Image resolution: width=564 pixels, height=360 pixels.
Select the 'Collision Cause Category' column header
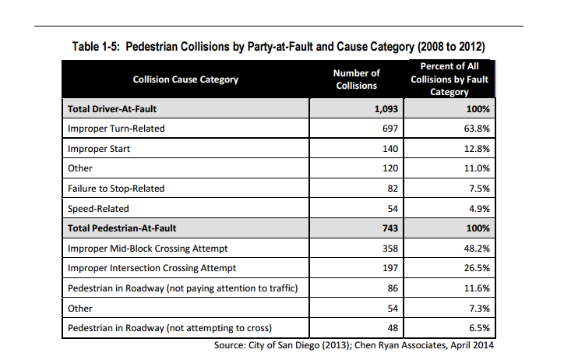coord(185,79)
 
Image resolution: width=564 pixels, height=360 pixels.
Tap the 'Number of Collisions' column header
coord(356,79)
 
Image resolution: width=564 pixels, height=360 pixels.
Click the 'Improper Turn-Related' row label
coord(116,128)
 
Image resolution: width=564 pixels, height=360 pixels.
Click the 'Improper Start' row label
coord(99,148)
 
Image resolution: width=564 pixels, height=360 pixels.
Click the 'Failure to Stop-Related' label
coord(116,189)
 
